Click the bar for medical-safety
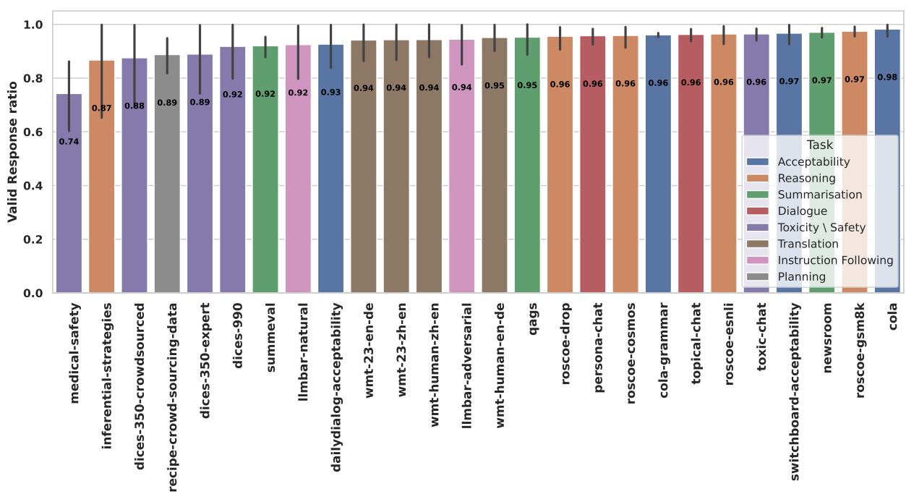69,217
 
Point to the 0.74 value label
69,142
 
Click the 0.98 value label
887,77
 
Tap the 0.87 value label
101,108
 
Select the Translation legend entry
808,244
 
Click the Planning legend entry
801,276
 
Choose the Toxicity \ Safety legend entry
821,227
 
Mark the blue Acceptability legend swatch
759,162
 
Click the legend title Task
819,145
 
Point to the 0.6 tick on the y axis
35,132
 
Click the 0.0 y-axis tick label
35,293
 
